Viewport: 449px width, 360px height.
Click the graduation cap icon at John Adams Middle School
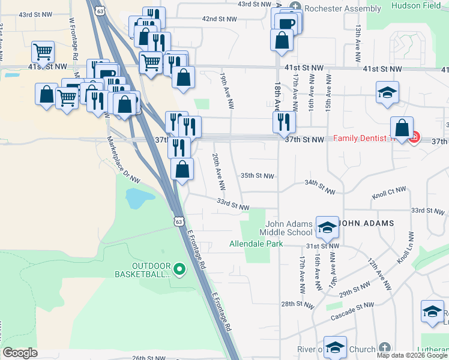(x=327, y=227)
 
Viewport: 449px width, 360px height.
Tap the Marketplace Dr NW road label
(x=124, y=158)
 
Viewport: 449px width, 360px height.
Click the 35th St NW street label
(x=257, y=176)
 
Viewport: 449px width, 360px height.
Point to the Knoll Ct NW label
(x=388, y=191)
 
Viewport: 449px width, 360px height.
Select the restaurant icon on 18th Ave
(x=284, y=122)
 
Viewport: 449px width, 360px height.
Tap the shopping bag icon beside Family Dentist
(x=402, y=127)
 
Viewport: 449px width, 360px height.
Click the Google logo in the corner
(x=20, y=353)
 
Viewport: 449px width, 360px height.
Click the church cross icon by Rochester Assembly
(x=295, y=7)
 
